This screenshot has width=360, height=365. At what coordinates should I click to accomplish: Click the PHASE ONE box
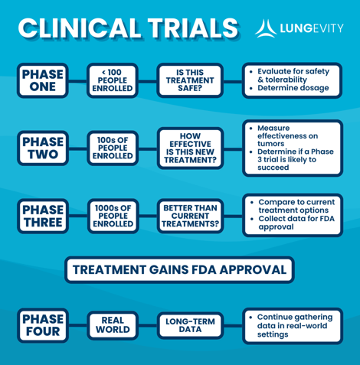(x=43, y=80)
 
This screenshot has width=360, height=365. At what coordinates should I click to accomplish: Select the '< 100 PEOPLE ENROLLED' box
(x=113, y=80)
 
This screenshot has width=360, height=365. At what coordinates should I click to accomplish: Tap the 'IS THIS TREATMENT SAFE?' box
(x=190, y=80)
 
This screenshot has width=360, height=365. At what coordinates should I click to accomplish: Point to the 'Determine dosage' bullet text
(x=293, y=88)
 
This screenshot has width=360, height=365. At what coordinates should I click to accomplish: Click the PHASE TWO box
(x=43, y=148)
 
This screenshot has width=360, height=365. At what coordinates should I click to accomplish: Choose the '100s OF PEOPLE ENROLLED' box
(x=113, y=148)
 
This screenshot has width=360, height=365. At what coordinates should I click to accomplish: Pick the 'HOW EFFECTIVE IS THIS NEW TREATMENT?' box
(x=190, y=148)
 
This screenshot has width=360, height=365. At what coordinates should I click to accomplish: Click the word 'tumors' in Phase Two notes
(x=270, y=144)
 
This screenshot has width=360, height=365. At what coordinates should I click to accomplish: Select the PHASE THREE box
(x=43, y=217)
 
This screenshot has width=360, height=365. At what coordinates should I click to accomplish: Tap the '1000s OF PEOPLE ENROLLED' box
(x=113, y=217)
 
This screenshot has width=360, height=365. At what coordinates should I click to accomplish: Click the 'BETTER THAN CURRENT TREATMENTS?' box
(x=190, y=217)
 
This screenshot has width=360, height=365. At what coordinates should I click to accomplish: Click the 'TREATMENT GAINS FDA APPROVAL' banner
(x=179, y=270)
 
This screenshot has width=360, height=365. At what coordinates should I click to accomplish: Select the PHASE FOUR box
(x=43, y=325)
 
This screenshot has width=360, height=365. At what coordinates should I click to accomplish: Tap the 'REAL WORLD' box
(x=113, y=325)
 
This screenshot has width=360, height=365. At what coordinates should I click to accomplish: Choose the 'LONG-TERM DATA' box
(x=190, y=325)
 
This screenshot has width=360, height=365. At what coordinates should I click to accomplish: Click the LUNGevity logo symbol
(x=266, y=28)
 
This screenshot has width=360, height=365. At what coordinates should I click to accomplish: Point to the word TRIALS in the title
(x=193, y=28)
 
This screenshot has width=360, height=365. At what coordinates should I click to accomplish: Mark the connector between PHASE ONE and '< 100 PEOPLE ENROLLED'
(x=77, y=81)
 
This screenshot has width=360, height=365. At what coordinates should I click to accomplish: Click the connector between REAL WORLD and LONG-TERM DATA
(x=148, y=325)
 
